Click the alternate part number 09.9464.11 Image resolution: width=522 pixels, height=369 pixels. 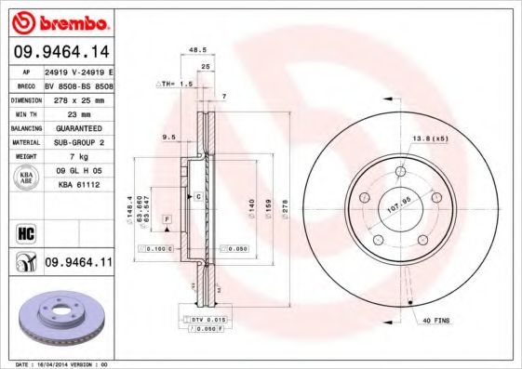pos(78,264)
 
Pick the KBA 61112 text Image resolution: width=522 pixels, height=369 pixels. pos(78,186)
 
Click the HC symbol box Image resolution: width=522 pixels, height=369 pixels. pos(24,230)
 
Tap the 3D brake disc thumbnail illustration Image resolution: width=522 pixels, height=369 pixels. pos(60,316)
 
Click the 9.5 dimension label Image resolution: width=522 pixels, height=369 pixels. pos(168,138)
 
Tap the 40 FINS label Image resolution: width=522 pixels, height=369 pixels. pos(435,322)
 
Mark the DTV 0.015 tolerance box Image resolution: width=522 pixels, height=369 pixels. pos(206,320)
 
